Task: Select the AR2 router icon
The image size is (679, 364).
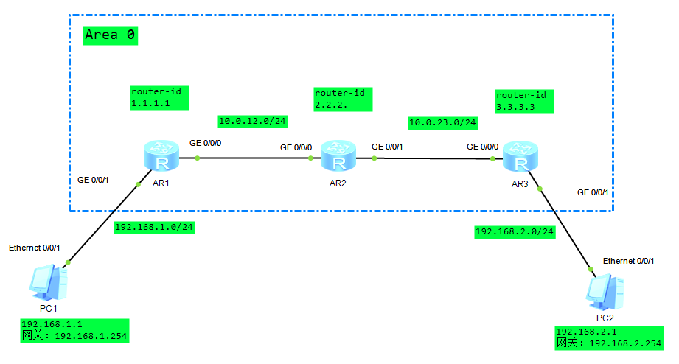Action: click(337, 158)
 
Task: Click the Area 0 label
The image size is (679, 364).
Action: click(111, 35)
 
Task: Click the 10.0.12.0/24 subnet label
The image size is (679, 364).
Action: click(253, 120)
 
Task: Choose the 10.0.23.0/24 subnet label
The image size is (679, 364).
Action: click(442, 122)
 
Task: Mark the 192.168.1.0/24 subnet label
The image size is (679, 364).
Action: click(154, 227)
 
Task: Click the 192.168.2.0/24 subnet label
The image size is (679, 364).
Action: click(515, 231)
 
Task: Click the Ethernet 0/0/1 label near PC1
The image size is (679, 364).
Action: click(34, 248)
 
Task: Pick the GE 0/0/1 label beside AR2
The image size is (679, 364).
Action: click(388, 147)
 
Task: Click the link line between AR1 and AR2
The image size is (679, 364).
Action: click(251, 158)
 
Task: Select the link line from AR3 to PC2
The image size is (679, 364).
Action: click(565, 228)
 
